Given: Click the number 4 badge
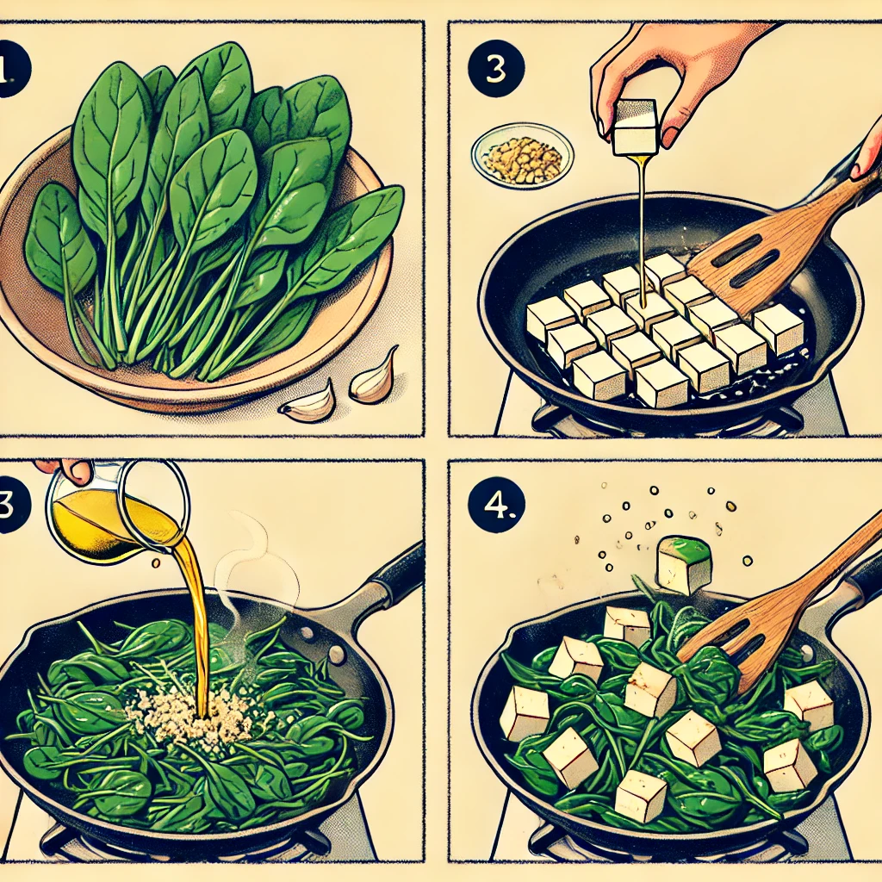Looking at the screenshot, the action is coord(495,505).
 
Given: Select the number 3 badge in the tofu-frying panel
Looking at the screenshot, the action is coord(495,69).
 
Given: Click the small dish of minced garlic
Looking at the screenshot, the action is coord(523,155).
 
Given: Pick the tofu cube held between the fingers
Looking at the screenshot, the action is coord(635,127).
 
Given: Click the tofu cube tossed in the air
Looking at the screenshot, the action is coord(684,565).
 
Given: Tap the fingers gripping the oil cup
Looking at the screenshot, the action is coord(65,469).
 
